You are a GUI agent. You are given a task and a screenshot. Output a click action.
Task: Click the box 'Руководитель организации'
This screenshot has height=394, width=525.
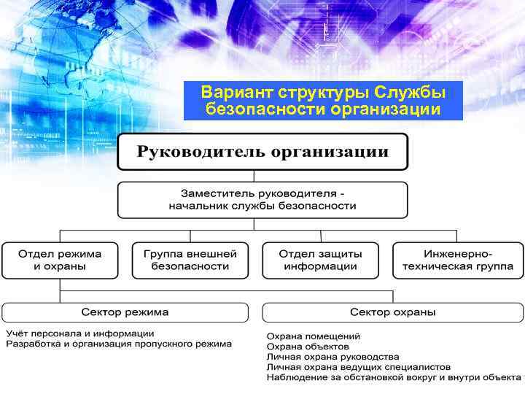click(x=262, y=152)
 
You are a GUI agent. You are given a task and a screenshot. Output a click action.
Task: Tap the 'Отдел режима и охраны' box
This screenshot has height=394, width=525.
click(x=60, y=260)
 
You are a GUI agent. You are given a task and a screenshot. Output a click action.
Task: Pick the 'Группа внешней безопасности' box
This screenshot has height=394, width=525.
click(x=190, y=260)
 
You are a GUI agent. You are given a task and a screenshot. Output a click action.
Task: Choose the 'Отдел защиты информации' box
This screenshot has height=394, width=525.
click(x=320, y=260)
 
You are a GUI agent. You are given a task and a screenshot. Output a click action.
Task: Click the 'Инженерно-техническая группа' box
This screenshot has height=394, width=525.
click(x=457, y=260)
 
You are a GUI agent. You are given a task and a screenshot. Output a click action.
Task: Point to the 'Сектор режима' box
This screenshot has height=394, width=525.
click(x=125, y=312)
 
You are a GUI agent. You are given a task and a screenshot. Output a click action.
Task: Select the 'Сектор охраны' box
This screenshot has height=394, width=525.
click(x=392, y=312)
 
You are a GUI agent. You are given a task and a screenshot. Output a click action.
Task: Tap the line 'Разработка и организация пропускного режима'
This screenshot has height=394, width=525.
click(x=120, y=344)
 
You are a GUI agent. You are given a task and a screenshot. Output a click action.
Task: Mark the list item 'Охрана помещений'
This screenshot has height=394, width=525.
click(x=314, y=336)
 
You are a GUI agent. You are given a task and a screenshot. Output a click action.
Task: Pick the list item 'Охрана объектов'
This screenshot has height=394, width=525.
click(x=308, y=347)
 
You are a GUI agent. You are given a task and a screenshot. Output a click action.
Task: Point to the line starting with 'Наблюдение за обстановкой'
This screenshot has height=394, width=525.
click(x=394, y=377)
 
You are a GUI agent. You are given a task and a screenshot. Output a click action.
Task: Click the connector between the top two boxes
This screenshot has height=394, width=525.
click(x=254, y=176)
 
